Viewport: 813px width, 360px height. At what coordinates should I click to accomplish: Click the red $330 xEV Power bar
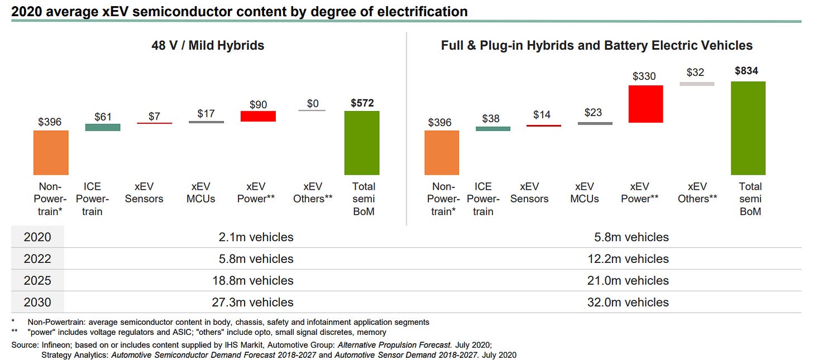pyautogui.click(x=645, y=104)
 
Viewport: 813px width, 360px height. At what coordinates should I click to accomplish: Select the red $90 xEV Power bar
pyautogui.click(x=258, y=116)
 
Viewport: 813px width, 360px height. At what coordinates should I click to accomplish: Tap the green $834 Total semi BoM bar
pyautogui.click(x=748, y=128)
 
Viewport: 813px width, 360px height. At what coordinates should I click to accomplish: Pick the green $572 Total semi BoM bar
pyautogui.click(x=362, y=143)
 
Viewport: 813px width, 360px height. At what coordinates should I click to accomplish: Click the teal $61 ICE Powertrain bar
pyautogui.click(x=103, y=127)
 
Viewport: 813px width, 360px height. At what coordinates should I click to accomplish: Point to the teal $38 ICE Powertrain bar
pyautogui.click(x=493, y=128)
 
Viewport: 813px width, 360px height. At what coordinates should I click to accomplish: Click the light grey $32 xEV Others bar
pyautogui.click(x=697, y=84)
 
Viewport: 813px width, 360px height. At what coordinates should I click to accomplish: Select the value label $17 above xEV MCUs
pyautogui.click(x=206, y=113)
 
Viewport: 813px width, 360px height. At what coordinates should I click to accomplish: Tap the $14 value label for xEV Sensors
pyautogui.click(x=542, y=114)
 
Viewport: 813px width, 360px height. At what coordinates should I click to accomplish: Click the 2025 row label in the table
pyautogui.click(x=37, y=281)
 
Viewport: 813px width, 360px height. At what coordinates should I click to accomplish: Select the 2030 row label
pyautogui.click(x=37, y=303)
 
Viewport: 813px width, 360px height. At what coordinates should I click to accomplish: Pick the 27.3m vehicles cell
pyautogui.click(x=256, y=303)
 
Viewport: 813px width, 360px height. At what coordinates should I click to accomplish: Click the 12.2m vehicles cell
pyautogui.click(x=632, y=259)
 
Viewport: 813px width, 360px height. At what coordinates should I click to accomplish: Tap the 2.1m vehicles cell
pyautogui.click(x=256, y=237)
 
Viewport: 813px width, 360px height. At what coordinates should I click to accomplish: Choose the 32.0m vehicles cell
pyautogui.click(x=632, y=303)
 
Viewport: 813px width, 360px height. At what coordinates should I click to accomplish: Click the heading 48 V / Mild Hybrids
pyautogui.click(x=208, y=46)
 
